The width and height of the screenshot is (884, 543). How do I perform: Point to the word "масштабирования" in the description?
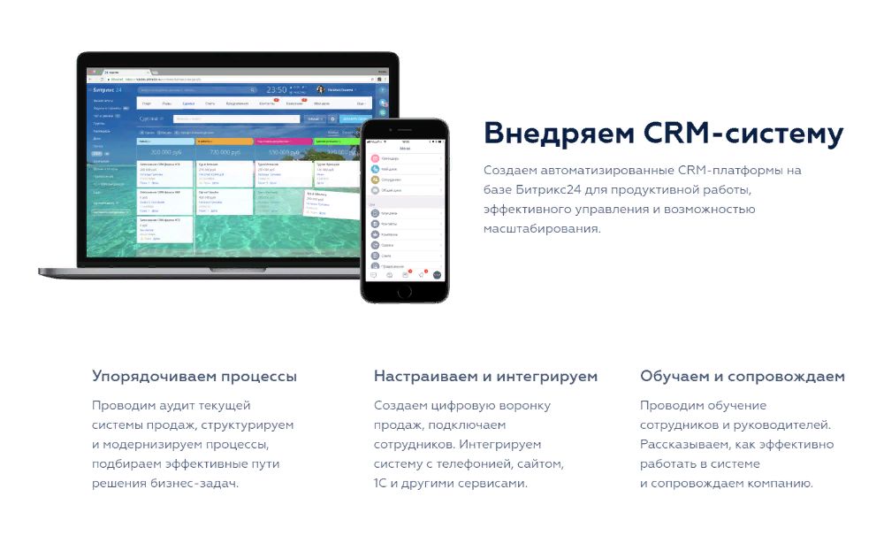(542, 228)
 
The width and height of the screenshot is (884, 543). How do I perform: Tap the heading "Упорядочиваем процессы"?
(194, 376)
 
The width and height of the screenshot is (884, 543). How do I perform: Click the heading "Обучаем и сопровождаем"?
(743, 376)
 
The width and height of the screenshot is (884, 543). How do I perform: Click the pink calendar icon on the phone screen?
(375, 159)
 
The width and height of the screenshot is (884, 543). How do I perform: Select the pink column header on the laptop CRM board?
(284, 141)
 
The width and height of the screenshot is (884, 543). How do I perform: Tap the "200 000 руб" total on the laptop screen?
(165, 151)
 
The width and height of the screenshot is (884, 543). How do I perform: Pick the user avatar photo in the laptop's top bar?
(320, 89)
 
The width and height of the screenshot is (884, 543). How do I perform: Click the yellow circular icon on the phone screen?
(375, 180)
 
